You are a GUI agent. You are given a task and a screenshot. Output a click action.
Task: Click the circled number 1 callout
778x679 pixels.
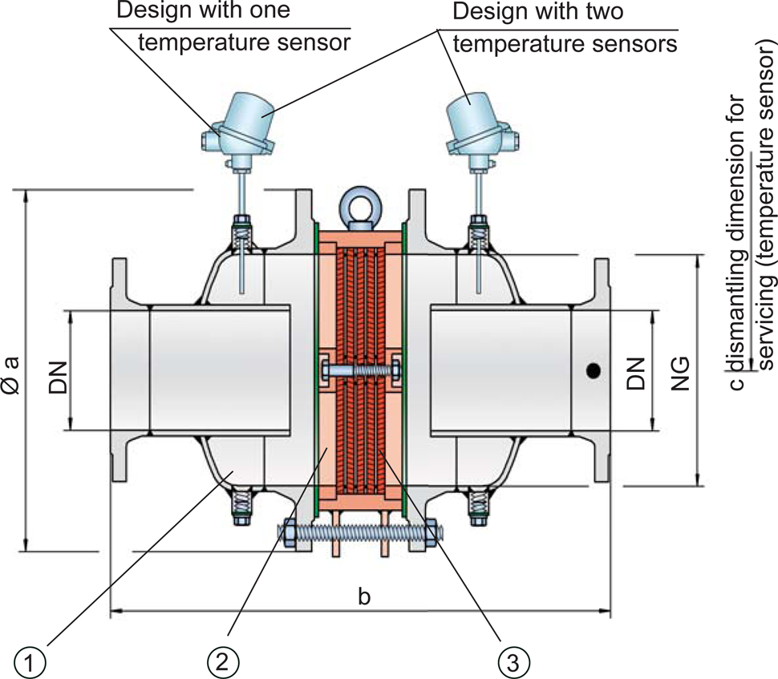(30, 661)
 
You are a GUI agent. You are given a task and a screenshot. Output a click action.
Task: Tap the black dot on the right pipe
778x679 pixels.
(593, 371)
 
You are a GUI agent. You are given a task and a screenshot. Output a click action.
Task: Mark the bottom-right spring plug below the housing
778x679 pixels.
(480, 508)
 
